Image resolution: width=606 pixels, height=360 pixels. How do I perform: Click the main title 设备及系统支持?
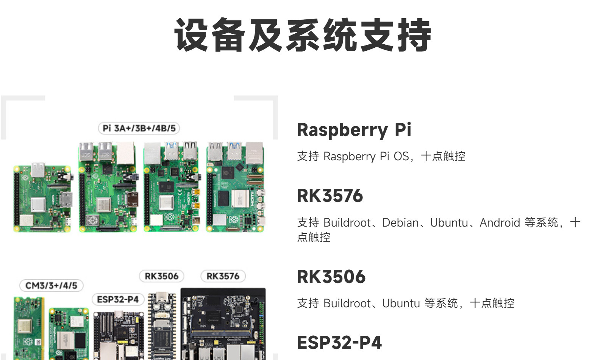point(303,35)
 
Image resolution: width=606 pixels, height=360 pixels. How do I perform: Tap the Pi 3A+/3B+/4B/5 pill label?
point(139,128)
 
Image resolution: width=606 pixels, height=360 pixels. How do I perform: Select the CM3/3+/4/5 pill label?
point(52,285)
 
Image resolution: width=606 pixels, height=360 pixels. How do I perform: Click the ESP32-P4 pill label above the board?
point(118,299)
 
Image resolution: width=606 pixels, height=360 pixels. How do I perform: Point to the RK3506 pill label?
point(161,276)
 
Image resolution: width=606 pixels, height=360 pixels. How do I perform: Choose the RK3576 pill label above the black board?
point(223,276)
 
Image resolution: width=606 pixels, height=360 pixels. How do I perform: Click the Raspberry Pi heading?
point(354,130)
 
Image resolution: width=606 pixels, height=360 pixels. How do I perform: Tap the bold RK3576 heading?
point(330,196)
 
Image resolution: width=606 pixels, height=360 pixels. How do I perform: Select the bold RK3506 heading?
point(331,277)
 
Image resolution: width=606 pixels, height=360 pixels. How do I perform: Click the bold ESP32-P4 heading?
point(339,343)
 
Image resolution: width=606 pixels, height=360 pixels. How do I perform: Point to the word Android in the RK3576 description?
point(500,222)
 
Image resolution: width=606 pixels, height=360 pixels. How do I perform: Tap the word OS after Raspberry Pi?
point(401,156)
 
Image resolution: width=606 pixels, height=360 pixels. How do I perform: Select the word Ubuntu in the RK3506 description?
point(401,303)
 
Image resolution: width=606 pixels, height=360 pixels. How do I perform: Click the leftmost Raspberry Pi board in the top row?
point(43,197)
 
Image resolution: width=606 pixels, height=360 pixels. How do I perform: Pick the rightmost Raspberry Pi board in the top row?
point(235,187)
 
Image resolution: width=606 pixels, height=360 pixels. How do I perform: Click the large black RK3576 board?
point(223,324)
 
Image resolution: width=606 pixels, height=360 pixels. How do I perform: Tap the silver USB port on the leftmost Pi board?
point(38,169)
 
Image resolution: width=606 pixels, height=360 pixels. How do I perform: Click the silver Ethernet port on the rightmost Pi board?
point(254,153)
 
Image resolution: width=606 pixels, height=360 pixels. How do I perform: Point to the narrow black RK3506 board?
point(162,326)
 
